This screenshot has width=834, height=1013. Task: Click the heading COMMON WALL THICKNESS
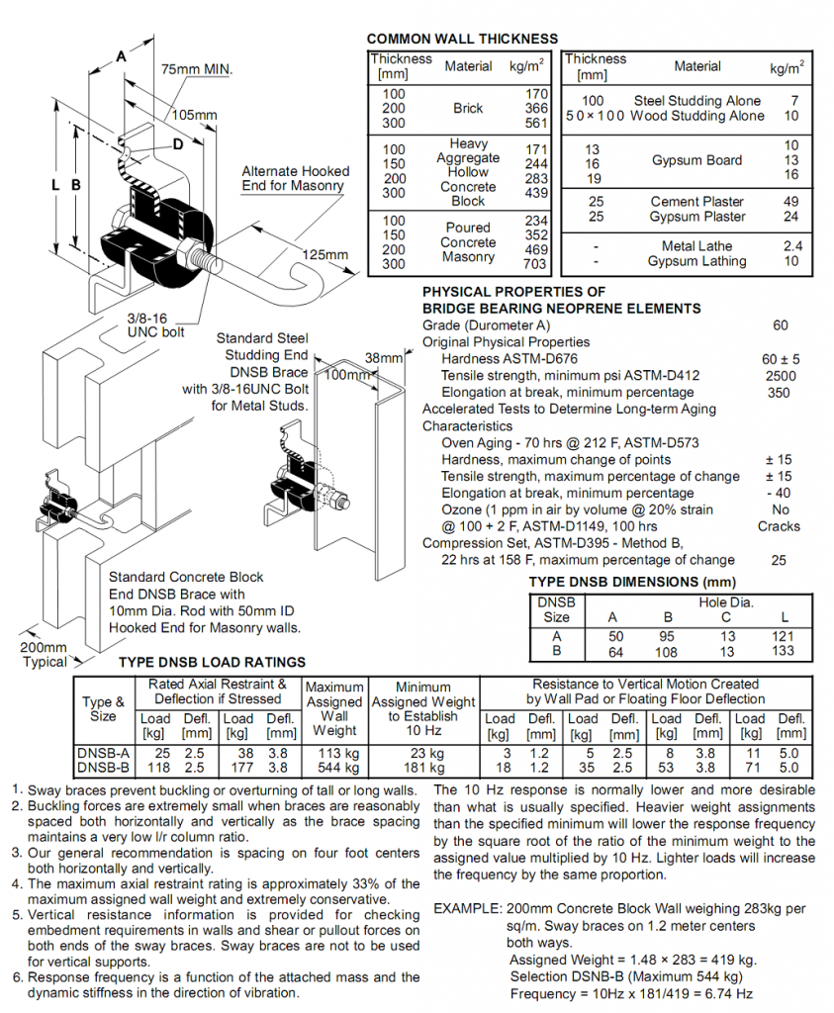462,39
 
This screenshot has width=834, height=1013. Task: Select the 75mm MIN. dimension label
197,69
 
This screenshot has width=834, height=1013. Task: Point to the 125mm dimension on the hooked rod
325,255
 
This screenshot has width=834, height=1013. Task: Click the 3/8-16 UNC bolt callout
155,325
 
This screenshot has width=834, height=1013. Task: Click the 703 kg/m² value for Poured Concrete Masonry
535,264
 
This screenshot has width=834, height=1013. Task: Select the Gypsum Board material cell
696,160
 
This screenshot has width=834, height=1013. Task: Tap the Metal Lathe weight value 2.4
791,246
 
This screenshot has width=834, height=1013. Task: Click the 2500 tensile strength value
781,376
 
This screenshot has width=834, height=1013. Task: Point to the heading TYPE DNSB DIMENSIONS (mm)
633,582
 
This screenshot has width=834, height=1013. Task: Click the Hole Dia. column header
726,601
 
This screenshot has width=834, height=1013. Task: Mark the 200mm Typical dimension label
46,655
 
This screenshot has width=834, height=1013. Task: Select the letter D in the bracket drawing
177,144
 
